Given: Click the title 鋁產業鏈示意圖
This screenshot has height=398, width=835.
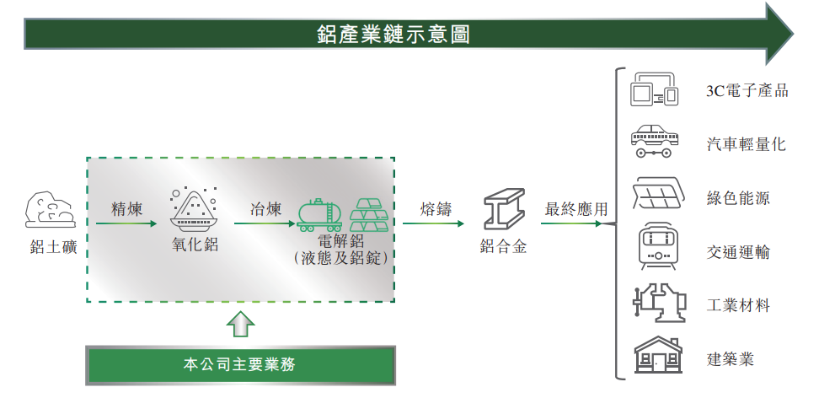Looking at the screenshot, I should point(393,35).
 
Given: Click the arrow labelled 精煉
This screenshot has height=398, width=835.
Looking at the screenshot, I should point(126,223).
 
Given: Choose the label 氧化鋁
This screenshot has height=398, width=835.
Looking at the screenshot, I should point(195,245).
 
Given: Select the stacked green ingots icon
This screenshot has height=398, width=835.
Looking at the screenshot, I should point(369,215).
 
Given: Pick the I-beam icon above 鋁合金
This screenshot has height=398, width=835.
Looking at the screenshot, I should point(503,210).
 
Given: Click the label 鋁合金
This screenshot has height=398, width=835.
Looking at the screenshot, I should point(503,248).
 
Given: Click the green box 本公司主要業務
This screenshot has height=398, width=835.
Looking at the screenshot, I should point(240,364).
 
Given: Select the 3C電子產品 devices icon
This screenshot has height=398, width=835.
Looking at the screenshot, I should point(654,90).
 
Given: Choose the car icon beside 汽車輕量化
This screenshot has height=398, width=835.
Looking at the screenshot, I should point(654,143).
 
